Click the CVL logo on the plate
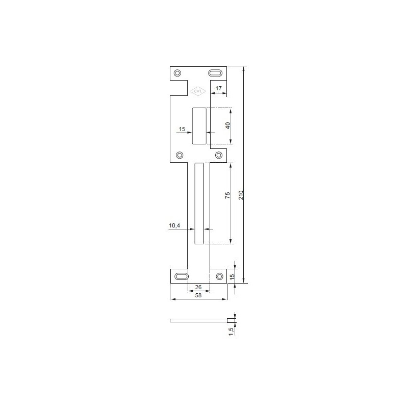(x=198, y=91)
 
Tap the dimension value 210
(x=241, y=195)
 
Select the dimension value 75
(x=227, y=195)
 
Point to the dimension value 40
(x=228, y=125)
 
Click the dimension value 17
(x=219, y=88)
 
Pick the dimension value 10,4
(x=174, y=225)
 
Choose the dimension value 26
(x=198, y=287)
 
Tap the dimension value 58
(x=198, y=295)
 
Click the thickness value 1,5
(x=231, y=331)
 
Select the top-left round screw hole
(x=177, y=73)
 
